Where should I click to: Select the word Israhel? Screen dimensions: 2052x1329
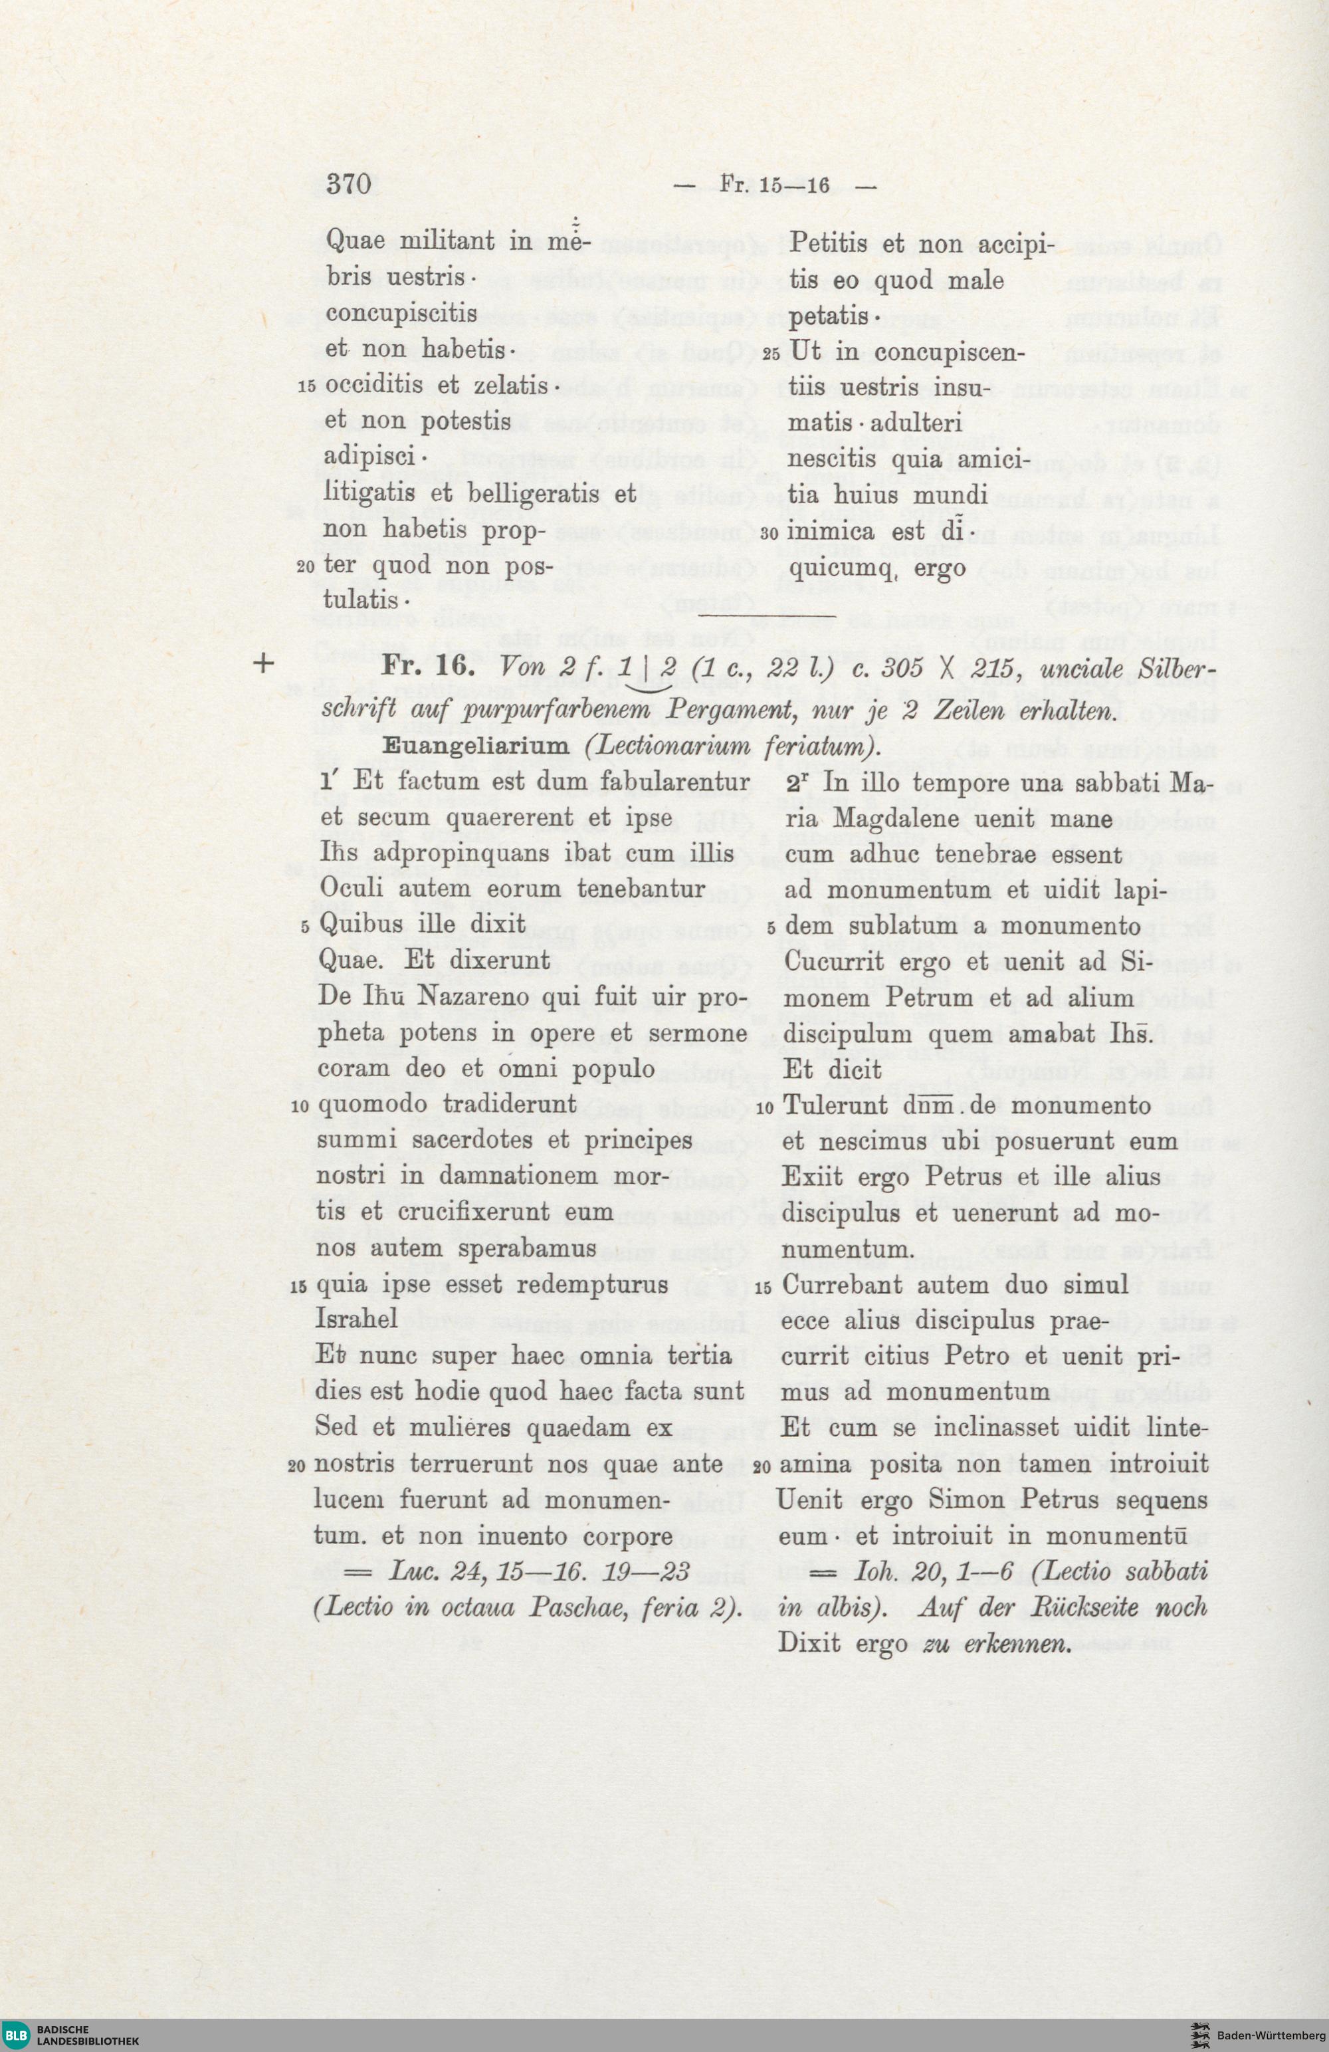[x=357, y=1319]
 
